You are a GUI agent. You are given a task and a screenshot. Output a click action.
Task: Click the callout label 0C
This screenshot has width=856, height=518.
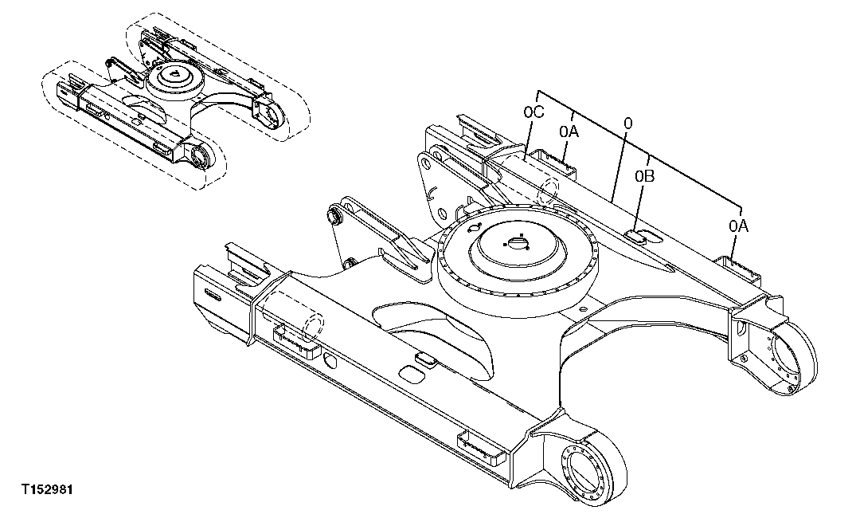(534, 113)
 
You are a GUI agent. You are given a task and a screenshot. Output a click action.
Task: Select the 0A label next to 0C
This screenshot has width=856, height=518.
(569, 131)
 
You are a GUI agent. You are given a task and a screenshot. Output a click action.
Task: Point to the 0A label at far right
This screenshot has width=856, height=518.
(738, 226)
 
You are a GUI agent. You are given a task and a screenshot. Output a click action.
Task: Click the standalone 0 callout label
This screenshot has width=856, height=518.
(628, 124)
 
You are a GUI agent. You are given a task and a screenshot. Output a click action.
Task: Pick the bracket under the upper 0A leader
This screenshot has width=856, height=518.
(561, 163)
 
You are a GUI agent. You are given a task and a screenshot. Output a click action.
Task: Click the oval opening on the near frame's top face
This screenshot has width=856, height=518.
(412, 372)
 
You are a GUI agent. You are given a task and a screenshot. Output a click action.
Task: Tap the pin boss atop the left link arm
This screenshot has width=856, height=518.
(336, 216)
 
